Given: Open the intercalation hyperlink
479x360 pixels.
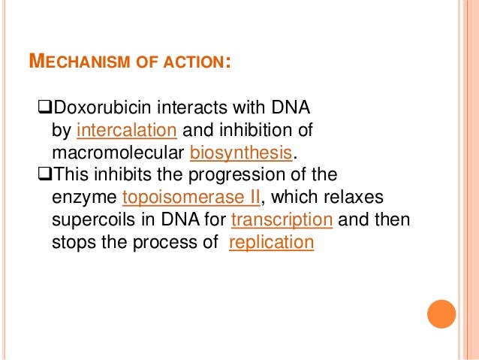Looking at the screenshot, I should pyautogui.click(x=126, y=132).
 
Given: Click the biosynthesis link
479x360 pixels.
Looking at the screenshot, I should pyautogui.click(x=240, y=154).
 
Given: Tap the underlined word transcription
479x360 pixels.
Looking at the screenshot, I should pyautogui.click(x=282, y=222).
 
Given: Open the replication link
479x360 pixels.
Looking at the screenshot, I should pyautogui.click(x=270, y=244).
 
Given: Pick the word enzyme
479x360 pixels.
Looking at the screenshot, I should pyautogui.click(x=83, y=199).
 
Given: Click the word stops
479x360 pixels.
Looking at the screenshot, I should pyautogui.click(x=71, y=244).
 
